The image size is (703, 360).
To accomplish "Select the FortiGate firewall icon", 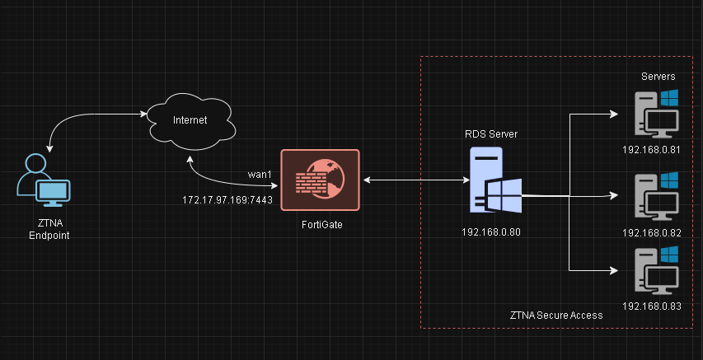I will (x=320, y=180).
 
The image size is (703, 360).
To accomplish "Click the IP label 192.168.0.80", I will (x=491, y=231).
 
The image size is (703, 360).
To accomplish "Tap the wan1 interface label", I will (x=260, y=174).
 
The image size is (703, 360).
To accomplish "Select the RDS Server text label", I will (x=491, y=133).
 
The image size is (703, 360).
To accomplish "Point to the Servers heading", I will (x=658, y=77).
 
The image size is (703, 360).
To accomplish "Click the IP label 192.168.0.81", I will (x=652, y=150).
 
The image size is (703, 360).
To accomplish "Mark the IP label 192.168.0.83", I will (x=652, y=306).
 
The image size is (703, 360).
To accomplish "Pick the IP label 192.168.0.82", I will (x=652, y=232).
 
